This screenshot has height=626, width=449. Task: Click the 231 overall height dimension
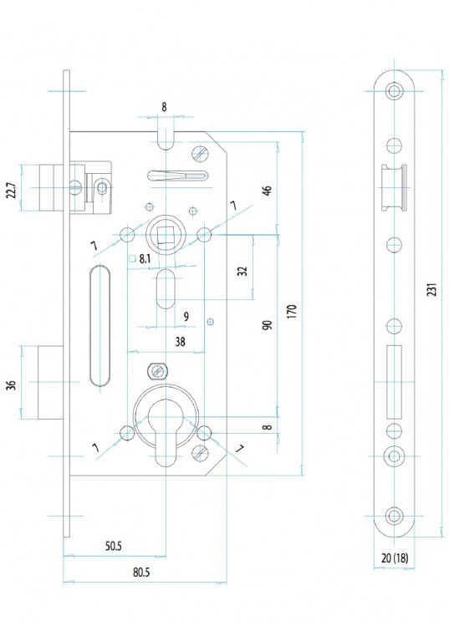coord(431,289)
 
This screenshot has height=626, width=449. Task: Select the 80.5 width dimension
coord(141,573)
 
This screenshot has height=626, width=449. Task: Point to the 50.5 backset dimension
coord(114,546)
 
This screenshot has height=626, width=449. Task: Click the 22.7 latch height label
coord(12,191)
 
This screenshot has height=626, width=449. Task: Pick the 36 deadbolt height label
coord(12,385)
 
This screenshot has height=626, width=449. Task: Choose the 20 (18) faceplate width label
coord(395,558)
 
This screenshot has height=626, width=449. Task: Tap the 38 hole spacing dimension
coord(181,342)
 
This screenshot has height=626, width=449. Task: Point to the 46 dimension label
coord(268,190)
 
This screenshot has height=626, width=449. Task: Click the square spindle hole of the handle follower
coord(165,234)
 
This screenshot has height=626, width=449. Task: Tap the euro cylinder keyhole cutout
coord(166,432)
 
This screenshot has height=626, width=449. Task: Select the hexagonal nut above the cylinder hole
coord(159,371)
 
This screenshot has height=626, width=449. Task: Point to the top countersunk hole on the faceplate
coord(395,91)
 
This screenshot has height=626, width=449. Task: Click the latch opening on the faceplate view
coord(394,187)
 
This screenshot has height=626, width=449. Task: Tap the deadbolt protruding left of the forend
coord(51,383)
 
